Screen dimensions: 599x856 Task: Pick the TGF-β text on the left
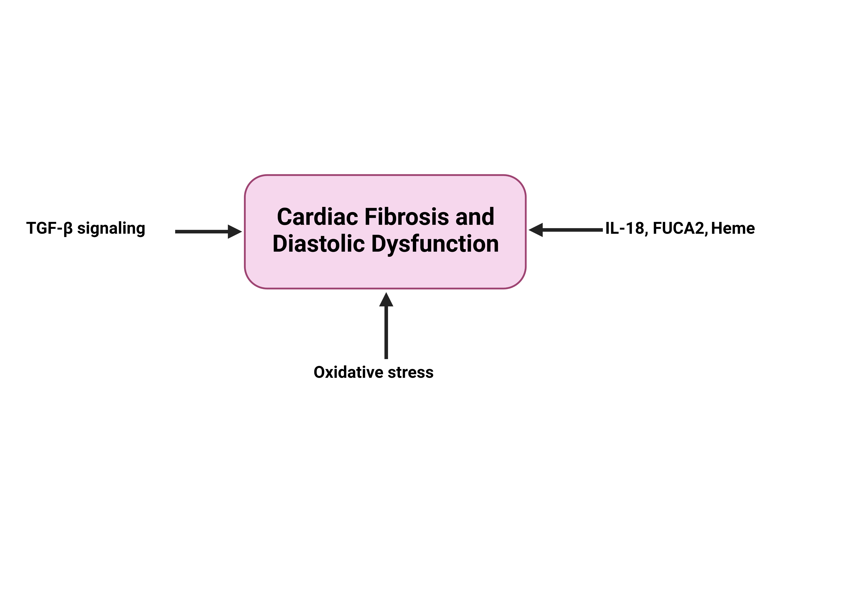point(49,228)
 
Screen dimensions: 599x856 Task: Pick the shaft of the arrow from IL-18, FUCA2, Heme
point(572,230)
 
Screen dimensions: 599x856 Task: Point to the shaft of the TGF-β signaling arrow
point(201,231)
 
